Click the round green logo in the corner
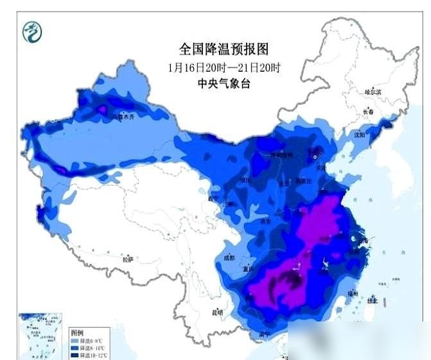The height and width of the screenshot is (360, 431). pos(31,31)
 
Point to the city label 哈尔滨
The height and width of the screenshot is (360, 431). pos(373,92)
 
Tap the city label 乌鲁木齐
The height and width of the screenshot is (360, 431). pos(121,117)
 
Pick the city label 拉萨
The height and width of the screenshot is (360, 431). pos(128,259)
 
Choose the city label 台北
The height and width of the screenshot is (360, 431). pos(373,300)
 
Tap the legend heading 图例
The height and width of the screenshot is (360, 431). pos(77,332)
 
